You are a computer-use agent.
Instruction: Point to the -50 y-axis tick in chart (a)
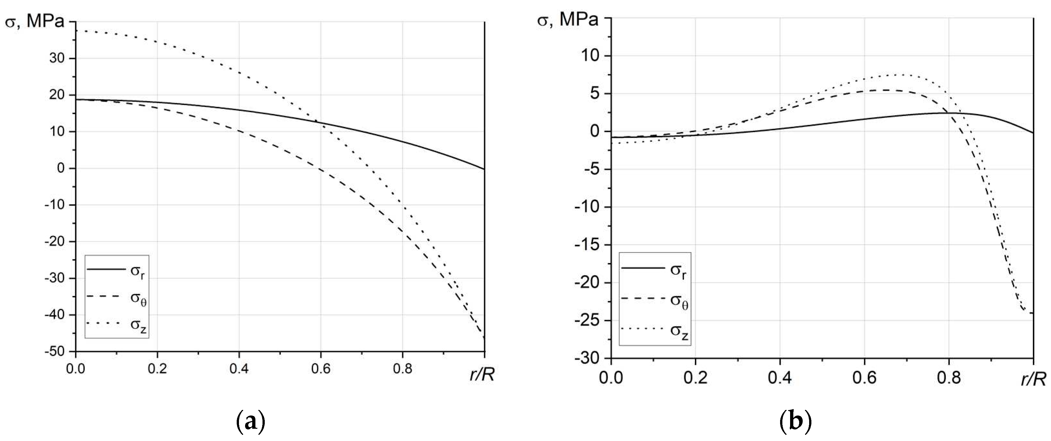[x=55, y=352]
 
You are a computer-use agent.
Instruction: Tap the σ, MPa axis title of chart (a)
[x=35, y=22]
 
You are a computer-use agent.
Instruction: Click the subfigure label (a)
[x=251, y=422]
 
